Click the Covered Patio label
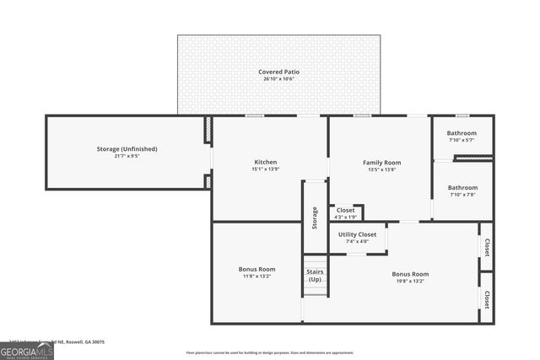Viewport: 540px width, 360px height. [x=278, y=73]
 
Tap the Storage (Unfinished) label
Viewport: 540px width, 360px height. [x=127, y=149]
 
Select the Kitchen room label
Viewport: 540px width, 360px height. [x=266, y=162]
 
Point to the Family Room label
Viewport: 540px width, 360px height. [x=381, y=162]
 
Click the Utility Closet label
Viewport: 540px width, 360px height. [x=357, y=234]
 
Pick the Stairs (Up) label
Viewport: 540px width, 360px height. [x=315, y=275]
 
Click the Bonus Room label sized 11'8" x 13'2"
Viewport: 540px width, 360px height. [x=256, y=270]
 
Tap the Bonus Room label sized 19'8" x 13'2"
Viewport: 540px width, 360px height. [x=410, y=274]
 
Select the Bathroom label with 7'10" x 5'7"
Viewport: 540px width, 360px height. [x=462, y=133]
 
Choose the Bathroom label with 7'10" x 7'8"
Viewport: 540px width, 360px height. [x=462, y=188]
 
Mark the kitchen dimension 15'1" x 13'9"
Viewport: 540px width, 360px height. [x=266, y=169]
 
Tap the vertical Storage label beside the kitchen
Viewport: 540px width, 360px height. [x=315, y=218]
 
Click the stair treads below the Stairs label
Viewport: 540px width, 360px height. [x=315, y=288]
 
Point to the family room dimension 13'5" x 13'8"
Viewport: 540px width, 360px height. [x=381, y=169]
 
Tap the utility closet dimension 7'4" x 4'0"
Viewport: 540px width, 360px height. [x=357, y=242]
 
